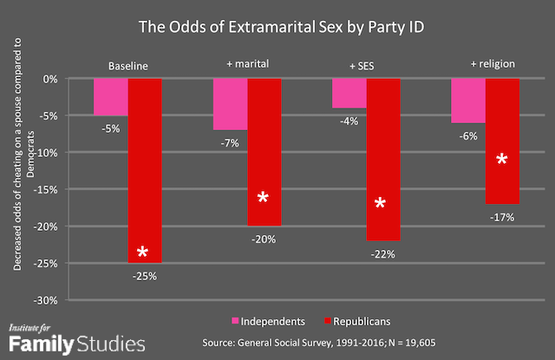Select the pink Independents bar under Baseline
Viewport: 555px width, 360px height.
pos(111,96)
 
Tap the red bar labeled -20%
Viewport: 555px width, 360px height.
pos(264,152)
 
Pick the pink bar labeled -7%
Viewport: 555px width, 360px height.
pos(230,104)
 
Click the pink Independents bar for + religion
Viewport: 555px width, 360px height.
pos(468,100)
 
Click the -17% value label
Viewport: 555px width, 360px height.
pos(502,217)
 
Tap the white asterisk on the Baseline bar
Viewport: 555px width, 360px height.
pos(144,252)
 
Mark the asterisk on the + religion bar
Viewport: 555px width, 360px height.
pos(501,160)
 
